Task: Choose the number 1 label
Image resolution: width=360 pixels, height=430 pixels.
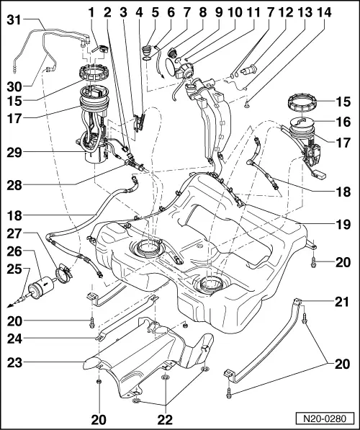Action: click(x=92, y=12)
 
